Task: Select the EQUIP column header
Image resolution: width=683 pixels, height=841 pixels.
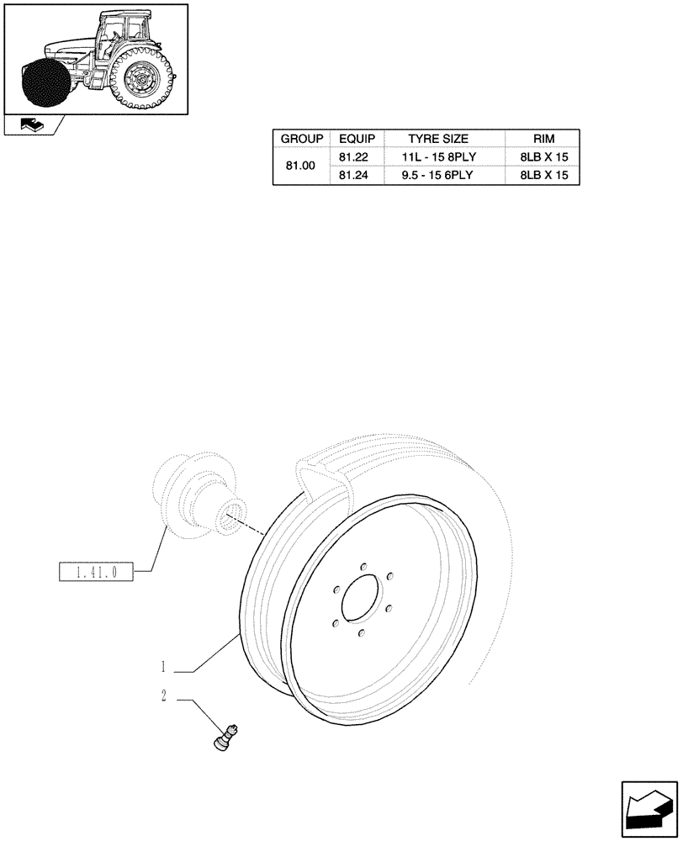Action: tap(357, 139)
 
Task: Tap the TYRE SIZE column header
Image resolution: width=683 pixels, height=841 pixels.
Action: tap(444, 139)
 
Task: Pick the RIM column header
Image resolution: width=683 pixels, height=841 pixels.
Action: tap(543, 139)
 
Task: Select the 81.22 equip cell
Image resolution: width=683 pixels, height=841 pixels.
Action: tap(357, 157)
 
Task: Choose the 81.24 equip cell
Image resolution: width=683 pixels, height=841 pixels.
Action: tap(357, 176)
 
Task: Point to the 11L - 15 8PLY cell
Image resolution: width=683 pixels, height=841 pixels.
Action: tap(444, 157)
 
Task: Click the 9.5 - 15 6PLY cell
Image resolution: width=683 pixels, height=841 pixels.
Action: tap(444, 176)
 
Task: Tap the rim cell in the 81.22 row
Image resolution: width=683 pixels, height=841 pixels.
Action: tap(543, 157)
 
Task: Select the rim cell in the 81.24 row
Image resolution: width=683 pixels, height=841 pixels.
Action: tap(543, 176)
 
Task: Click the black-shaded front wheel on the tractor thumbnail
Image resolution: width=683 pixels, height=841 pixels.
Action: tap(45, 84)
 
